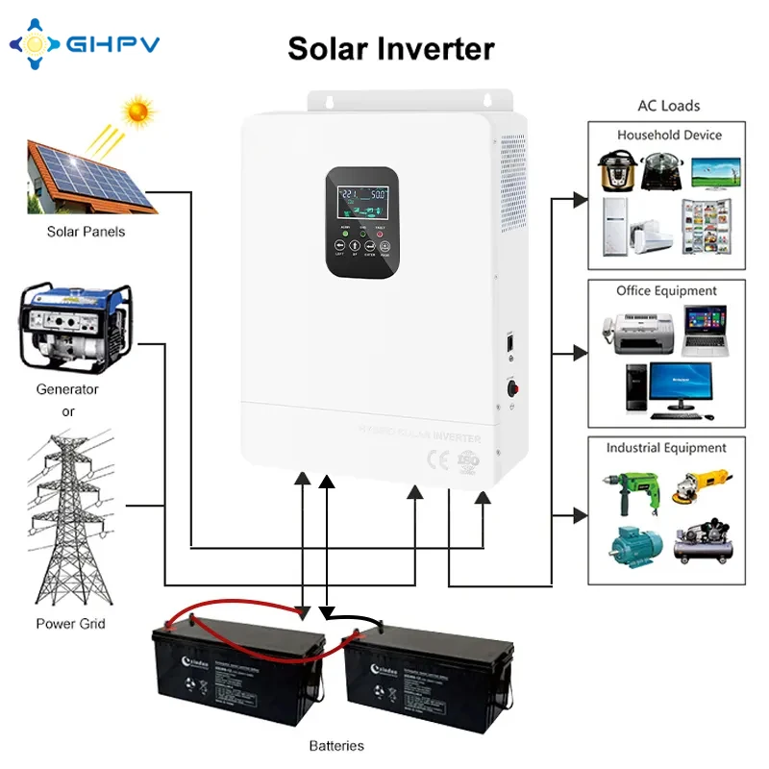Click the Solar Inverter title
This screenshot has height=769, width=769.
tap(391, 48)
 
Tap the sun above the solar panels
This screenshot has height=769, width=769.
tap(140, 112)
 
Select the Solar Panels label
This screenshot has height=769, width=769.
tap(87, 232)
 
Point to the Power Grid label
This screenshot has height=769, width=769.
tap(71, 624)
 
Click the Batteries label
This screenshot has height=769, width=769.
tap(336, 745)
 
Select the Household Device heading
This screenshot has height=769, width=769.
tap(669, 136)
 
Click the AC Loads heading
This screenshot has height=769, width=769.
tap(669, 106)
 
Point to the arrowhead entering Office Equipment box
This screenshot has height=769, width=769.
tap(580, 354)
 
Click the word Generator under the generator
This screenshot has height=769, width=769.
tap(67, 389)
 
